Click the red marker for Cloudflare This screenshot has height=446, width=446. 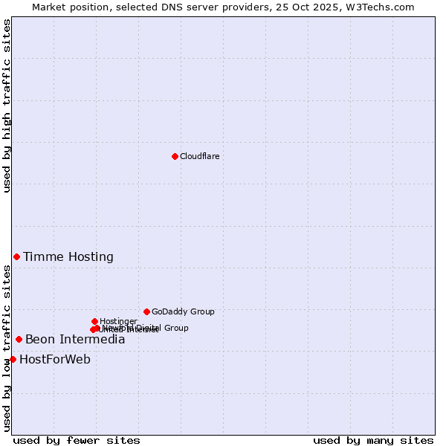[175, 156]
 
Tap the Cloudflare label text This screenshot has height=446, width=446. [199, 156]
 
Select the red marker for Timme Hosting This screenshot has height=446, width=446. [16, 256]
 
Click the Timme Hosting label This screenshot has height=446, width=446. [68, 257]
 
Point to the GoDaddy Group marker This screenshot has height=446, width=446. [146, 311]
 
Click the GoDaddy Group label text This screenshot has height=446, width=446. [183, 311]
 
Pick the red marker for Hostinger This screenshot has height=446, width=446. [94, 321]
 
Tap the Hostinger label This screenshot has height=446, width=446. [118, 321]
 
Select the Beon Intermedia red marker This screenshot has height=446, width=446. [19, 339]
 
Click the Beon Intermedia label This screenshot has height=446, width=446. [75, 340]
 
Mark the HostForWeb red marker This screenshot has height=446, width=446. [13, 359]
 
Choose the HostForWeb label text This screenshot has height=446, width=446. [55, 360]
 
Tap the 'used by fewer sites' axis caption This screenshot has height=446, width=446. [77, 440]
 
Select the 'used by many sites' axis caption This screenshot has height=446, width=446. [373, 440]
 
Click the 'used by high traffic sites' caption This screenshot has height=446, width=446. [7, 106]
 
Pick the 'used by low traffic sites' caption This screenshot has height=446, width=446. [7, 348]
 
